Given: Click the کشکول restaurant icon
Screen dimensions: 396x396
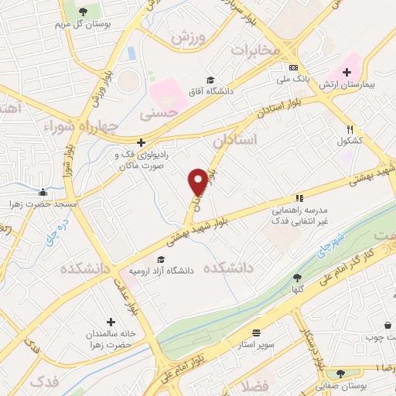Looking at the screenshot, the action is pyautogui.click(x=350, y=129).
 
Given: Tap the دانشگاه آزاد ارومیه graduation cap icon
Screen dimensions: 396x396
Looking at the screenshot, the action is pyautogui.click(x=161, y=260).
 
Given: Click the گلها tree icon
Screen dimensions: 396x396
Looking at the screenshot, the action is pyautogui.click(x=298, y=278).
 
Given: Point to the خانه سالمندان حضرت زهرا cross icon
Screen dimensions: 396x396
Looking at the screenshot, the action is pyautogui.click(x=111, y=321).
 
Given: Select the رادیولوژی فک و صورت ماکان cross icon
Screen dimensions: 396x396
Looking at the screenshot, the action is pyautogui.click(x=141, y=142).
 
